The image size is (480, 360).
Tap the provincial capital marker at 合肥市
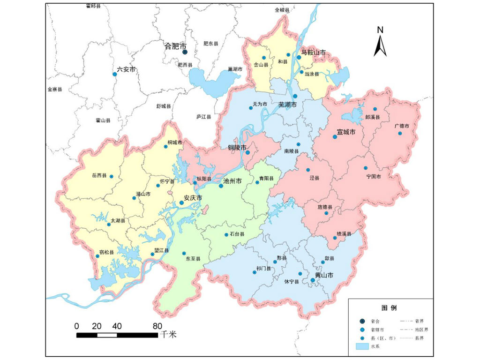(x=185, y=52)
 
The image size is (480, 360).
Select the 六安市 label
(x=126, y=69)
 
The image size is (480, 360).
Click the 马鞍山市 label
(x=313, y=53)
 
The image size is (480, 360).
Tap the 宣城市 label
(x=346, y=132)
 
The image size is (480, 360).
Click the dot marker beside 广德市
(x=400, y=133)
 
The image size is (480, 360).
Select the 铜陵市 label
(x=237, y=147)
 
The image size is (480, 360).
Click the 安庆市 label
(x=193, y=198)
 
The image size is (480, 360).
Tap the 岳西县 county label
(x=99, y=176)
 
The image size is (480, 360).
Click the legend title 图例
(x=389, y=308)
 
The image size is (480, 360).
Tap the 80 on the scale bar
(x=157, y=326)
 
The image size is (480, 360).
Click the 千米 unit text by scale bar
(x=168, y=334)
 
